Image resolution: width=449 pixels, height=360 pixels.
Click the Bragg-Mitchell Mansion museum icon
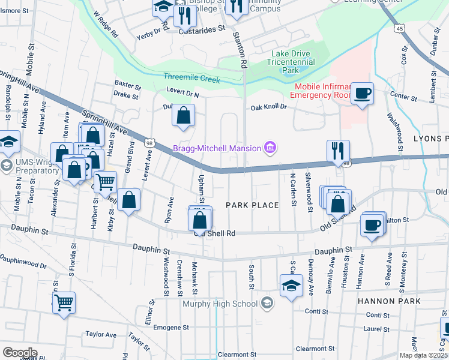click(270, 148)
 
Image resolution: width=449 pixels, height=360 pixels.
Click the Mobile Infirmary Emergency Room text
click(321, 91)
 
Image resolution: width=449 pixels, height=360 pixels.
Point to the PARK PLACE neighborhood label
click(252, 205)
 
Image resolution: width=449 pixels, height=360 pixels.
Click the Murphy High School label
click(220, 304)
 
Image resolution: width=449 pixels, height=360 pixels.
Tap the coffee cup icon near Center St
click(362, 94)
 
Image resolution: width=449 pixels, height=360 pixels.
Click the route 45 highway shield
click(399, 28)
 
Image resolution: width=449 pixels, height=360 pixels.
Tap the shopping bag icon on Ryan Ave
click(128, 200)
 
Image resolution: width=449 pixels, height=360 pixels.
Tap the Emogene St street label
click(171, 328)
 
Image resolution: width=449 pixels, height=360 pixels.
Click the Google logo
click(20, 353)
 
